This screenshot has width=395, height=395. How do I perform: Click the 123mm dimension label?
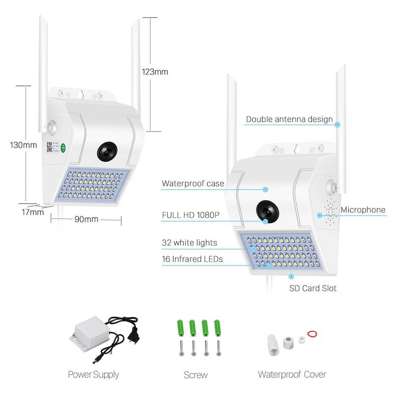coord(154,72)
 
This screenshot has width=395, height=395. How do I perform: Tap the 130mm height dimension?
coord(24,145)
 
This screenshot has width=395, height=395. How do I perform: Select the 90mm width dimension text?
coord(86,219)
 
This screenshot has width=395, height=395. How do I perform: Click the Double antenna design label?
coord(289,119)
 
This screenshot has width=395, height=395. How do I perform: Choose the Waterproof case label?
coord(193,183)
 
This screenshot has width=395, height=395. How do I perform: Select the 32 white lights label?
coord(189,243)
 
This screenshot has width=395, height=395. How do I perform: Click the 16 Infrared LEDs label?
coord(192,259)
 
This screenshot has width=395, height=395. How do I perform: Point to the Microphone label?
coord(363,210)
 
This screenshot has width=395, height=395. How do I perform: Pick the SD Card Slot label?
coord(312,288)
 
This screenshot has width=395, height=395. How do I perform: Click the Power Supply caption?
coord(93,374)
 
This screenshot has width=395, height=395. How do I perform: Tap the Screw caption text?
coord(196,375)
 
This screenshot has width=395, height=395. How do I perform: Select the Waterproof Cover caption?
coord(292,374)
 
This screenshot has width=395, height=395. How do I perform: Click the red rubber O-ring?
coord(312,334)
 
